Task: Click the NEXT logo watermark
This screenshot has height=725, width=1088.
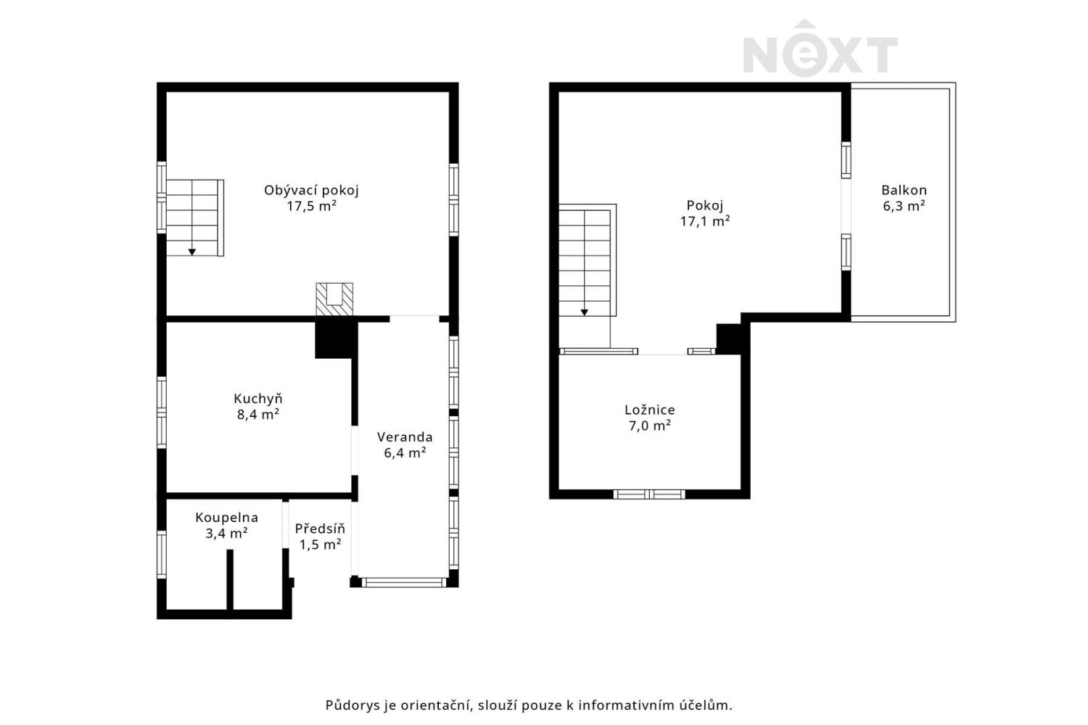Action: click(x=820, y=48)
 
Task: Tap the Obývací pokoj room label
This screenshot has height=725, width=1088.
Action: click(x=311, y=191)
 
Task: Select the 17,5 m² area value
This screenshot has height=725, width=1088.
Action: click(x=311, y=207)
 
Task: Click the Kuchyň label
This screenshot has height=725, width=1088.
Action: click(x=258, y=399)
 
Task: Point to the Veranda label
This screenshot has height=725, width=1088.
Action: click(x=405, y=437)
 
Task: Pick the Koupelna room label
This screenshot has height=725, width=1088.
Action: click(x=226, y=518)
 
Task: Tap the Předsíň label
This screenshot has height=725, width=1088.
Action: click(x=320, y=529)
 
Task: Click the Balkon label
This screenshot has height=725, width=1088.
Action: click(x=904, y=190)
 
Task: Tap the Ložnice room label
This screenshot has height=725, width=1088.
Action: click(x=649, y=410)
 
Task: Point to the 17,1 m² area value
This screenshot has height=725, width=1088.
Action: click(x=705, y=221)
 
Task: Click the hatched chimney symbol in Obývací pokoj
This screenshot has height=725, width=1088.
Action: click(x=334, y=299)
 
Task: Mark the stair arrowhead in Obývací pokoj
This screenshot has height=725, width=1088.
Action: click(x=192, y=252)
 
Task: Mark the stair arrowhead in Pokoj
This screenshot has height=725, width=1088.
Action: click(x=585, y=312)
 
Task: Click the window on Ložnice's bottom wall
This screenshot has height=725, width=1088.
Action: click(x=649, y=494)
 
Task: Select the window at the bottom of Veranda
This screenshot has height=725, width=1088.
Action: click(x=403, y=582)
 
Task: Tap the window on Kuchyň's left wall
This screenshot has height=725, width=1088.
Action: click(x=162, y=413)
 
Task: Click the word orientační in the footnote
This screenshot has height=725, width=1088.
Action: click(x=436, y=705)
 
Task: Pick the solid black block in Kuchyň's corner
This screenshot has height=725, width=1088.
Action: click(x=336, y=340)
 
